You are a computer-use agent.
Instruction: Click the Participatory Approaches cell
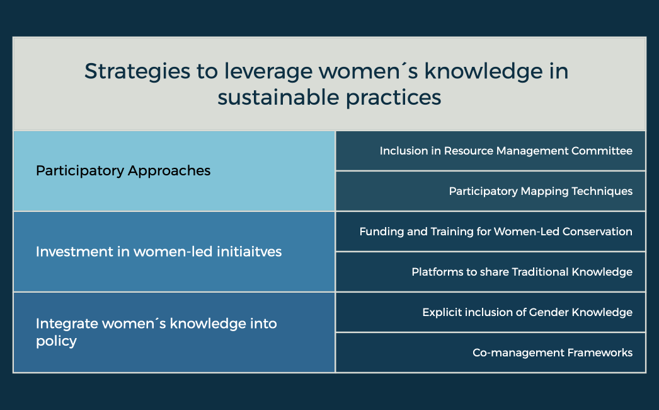[x=174, y=171]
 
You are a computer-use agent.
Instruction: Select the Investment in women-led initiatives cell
[x=174, y=252]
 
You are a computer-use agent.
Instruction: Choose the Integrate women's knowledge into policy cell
[x=174, y=332]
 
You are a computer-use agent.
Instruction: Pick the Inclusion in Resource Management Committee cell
[x=491, y=151]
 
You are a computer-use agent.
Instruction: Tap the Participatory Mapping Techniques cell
[x=491, y=191]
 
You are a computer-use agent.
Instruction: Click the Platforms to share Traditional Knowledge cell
[x=491, y=272]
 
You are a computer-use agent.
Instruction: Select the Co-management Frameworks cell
[x=491, y=353]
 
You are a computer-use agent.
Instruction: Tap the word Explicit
[x=442, y=312]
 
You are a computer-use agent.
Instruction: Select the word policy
[x=56, y=341]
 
